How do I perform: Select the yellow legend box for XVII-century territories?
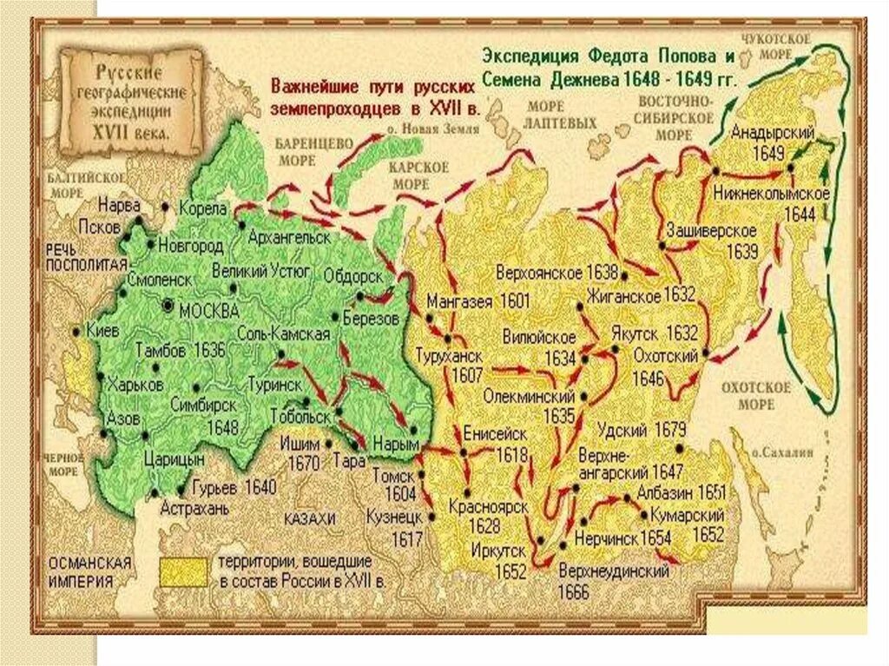pos(182,570)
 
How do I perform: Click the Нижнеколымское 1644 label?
pos(770,201)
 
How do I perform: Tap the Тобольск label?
pos(300,415)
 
